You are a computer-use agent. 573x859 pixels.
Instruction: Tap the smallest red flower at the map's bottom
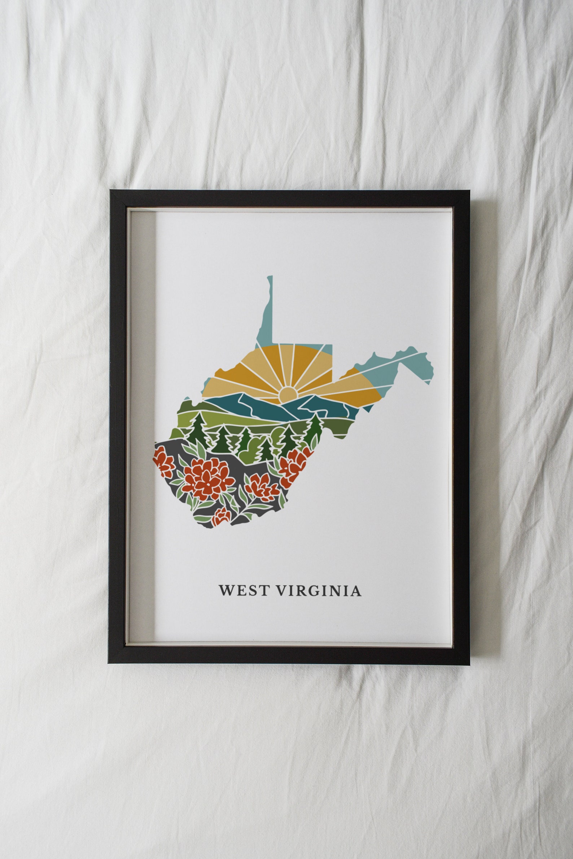click(222, 516)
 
